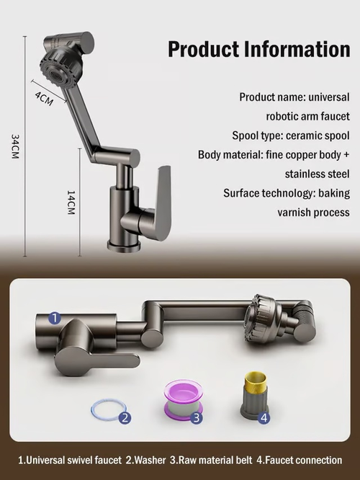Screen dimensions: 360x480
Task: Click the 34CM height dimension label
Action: [15, 146]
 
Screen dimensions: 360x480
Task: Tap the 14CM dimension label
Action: [71, 203]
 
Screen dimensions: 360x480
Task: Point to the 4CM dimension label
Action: [44, 99]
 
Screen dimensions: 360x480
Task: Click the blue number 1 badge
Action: [55, 319]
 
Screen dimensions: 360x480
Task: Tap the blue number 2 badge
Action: [125, 417]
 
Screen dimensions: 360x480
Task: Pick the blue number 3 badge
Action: [197, 417]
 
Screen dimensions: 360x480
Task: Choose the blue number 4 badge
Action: [264, 417]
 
